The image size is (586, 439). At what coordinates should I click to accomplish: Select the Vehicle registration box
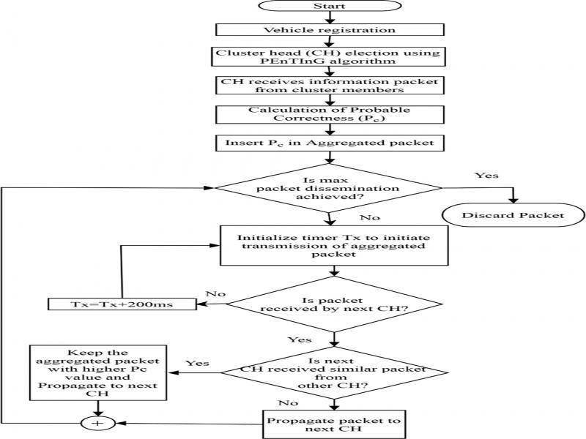[x=328, y=30]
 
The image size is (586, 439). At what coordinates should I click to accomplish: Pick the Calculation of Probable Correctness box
[x=328, y=115]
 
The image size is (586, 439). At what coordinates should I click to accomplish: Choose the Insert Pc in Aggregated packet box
[x=328, y=141]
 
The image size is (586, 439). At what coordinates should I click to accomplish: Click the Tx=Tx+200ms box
[x=122, y=303]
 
